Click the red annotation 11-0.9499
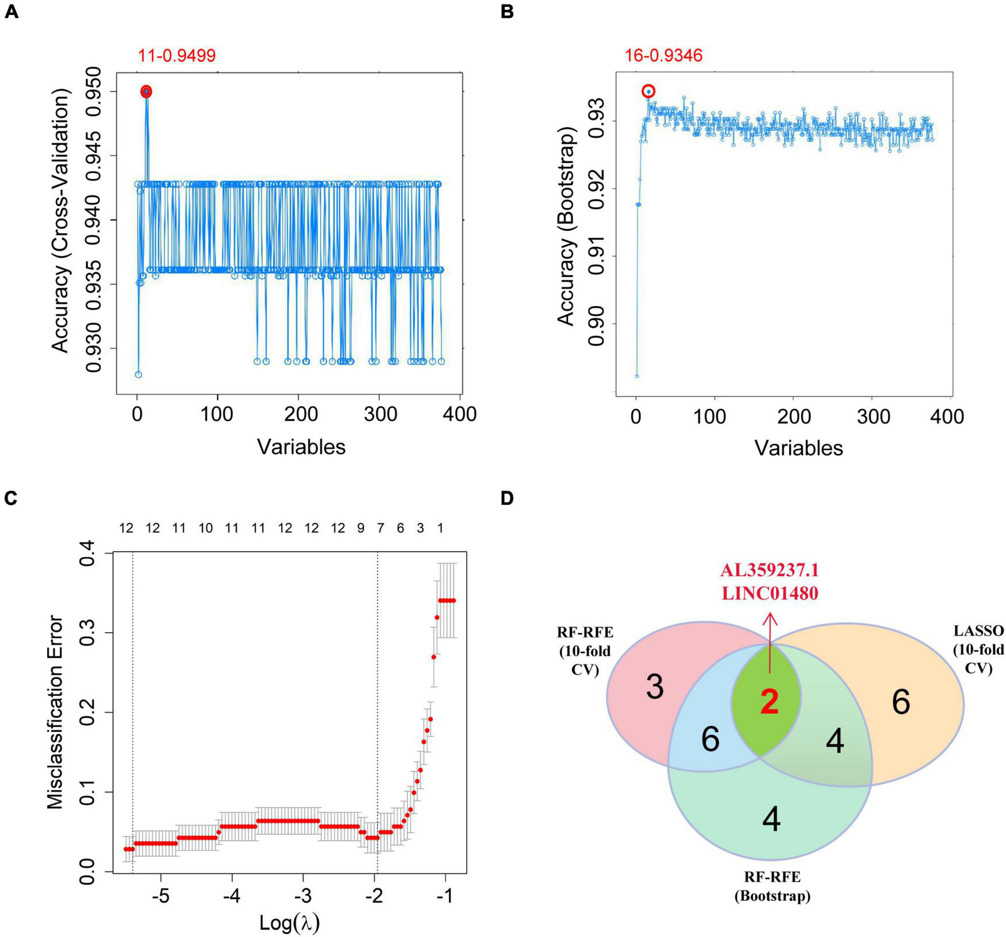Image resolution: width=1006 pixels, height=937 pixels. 176,56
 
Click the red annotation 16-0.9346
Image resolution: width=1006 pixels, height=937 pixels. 663,56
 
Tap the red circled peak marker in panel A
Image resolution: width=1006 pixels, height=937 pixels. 147,91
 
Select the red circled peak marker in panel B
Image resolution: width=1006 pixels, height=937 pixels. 648,91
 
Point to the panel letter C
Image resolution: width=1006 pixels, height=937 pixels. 11,498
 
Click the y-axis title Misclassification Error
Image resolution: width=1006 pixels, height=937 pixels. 56,712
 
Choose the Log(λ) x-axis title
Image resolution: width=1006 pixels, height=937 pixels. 289,922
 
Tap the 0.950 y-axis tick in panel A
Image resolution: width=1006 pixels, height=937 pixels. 93,92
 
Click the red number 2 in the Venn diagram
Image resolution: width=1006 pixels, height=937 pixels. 769,703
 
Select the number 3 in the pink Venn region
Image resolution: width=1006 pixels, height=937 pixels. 655,687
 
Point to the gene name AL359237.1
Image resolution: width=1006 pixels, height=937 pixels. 770,570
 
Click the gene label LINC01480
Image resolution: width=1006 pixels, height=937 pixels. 770,593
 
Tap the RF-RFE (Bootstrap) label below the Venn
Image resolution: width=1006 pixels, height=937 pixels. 772,886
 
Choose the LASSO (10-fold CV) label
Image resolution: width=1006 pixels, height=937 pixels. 978,649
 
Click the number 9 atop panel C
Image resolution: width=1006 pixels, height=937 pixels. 360,528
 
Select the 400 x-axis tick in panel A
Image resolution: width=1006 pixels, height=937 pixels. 460,414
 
